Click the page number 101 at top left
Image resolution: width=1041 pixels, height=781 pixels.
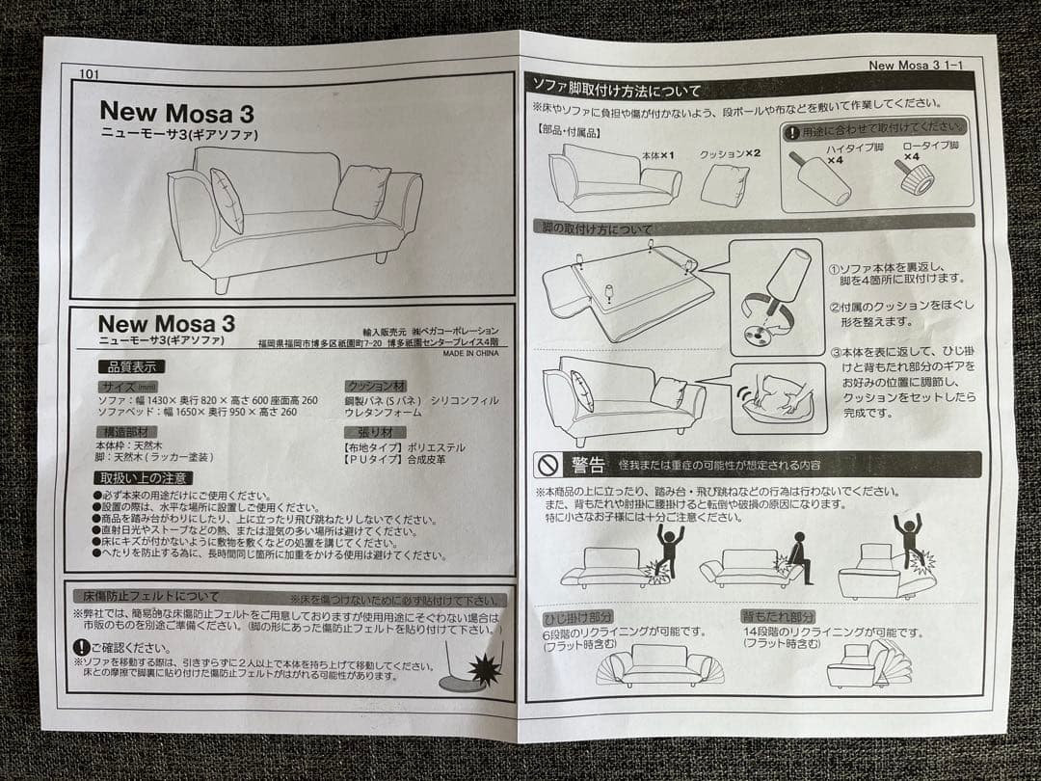coord(89,72)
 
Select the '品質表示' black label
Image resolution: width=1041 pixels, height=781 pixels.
coord(130,366)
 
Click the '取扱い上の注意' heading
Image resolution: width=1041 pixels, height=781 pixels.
coord(143,477)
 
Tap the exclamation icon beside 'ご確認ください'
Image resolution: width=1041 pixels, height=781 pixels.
coord(82,647)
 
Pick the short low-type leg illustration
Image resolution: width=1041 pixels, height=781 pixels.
coord(915,176)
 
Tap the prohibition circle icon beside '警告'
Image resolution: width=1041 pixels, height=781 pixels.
coord(547,466)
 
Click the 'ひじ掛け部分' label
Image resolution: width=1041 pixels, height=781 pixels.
coord(578,616)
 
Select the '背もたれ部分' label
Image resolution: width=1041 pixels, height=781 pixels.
coord(778,616)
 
